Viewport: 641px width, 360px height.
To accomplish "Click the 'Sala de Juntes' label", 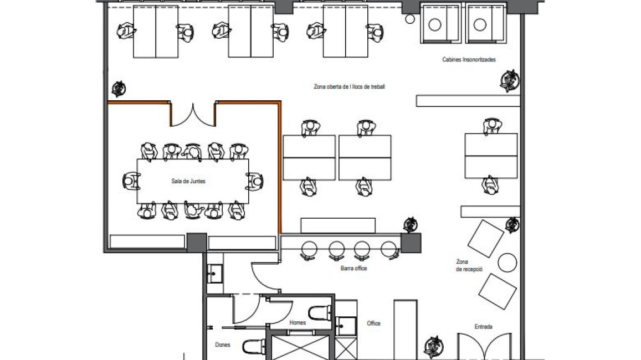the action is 188,181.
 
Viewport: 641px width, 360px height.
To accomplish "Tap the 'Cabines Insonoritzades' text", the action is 469,60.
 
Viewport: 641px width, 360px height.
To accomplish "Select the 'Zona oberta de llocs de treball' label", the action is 349,86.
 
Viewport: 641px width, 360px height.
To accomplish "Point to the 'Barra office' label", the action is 353,269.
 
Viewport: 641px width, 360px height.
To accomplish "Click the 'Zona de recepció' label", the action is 469,265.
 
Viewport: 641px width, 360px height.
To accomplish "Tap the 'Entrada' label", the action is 483,327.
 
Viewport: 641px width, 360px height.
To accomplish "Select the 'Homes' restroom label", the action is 297,322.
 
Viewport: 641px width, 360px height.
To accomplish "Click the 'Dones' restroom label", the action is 222,345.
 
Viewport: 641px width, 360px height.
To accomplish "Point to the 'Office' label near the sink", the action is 373,323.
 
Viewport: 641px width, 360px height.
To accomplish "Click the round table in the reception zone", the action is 507,263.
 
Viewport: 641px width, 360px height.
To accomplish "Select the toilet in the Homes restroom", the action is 320,313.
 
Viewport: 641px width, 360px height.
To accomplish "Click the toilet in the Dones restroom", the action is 254,347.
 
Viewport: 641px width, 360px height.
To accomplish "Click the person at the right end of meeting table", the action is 255,181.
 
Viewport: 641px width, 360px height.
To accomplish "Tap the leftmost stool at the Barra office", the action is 309,250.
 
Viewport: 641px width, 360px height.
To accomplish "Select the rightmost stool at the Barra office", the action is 389,250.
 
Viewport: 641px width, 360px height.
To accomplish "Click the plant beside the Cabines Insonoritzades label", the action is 510,80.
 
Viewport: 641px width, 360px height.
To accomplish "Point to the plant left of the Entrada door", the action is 434,347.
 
